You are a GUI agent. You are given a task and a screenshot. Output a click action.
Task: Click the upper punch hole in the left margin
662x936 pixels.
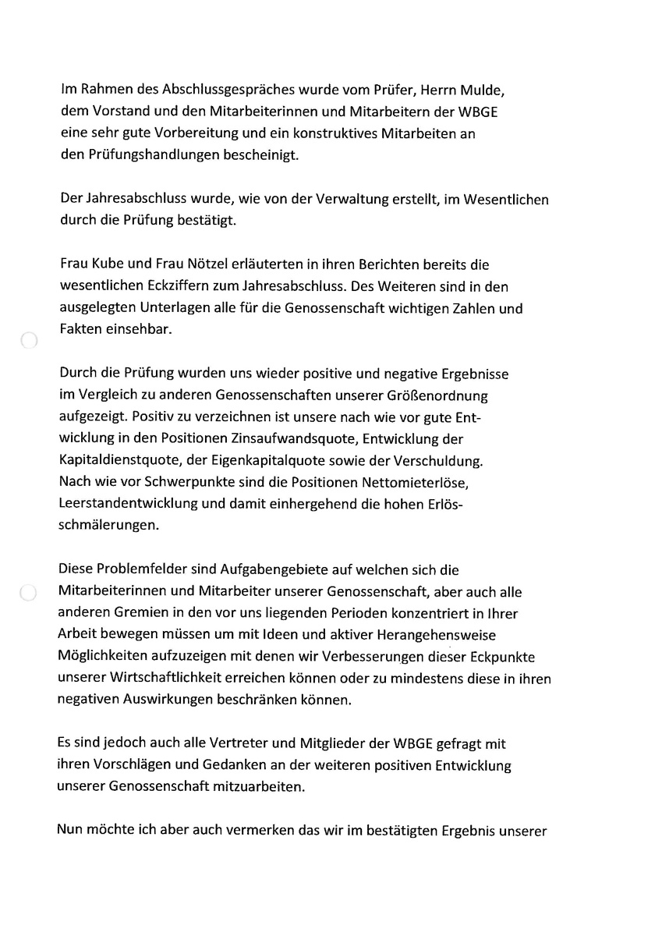pos(28,341)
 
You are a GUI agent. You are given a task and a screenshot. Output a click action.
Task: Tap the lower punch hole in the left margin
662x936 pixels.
pos(28,593)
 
